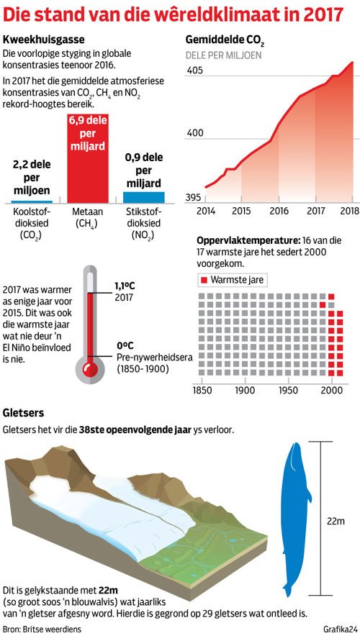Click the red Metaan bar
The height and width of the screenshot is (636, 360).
[x=88, y=158]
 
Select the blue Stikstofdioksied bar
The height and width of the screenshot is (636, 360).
[x=144, y=197]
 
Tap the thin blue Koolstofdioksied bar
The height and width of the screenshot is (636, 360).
[x=32, y=201]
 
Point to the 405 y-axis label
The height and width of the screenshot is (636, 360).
[x=194, y=71]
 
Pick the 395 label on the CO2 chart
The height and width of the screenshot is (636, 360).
[x=194, y=197]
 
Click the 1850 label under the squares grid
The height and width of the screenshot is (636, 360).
[x=202, y=391]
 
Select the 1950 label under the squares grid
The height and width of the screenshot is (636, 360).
[x=289, y=391]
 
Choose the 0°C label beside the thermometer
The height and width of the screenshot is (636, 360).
[x=125, y=345]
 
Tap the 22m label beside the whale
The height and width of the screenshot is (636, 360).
[x=336, y=520]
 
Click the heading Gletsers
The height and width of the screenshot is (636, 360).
[x=23, y=413]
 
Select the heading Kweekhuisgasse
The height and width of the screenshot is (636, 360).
[x=43, y=40]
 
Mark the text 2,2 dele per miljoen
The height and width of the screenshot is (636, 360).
[x=32, y=177]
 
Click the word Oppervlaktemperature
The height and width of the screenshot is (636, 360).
[x=247, y=240]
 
